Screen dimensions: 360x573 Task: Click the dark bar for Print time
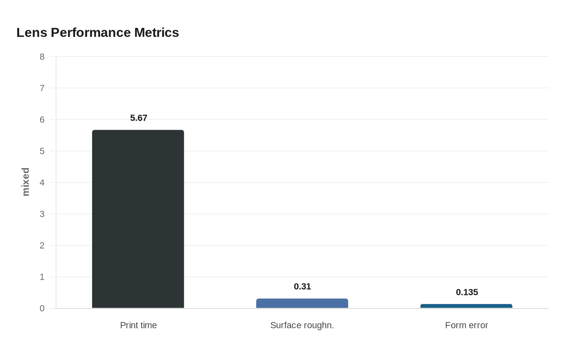[x=138, y=219]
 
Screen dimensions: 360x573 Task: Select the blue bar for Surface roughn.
[x=302, y=304]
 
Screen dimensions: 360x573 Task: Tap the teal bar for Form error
[x=466, y=306]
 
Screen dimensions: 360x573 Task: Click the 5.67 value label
[x=139, y=118]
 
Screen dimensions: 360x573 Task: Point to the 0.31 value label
[x=302, y=287]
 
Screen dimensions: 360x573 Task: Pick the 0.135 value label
[x=467, y=292]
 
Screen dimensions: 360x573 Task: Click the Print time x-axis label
[x=138, y=325]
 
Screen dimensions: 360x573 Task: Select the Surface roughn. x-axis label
[x=302, y=325]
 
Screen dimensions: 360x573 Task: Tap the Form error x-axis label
[x=467, y=325]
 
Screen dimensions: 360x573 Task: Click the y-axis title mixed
[x=26, y=182]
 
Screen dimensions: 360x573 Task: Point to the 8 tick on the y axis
[x=42, y=57]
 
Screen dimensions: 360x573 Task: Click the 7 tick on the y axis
[x=42, y=88]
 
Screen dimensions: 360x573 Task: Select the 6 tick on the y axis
[x=42, y=120]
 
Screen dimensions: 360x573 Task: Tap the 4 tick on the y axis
[x=42, y=183]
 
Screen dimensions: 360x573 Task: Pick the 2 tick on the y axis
[x=42, y=246]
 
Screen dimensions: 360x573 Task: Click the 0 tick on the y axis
[x=42, y=309]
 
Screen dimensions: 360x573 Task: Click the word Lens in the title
[x=32, y=33]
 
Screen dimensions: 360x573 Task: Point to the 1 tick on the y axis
[x=42, y=277]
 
